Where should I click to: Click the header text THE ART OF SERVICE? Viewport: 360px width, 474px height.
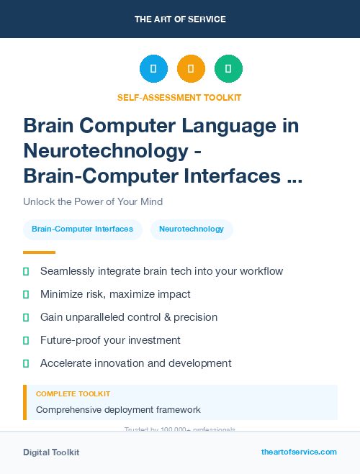(x=180, y=19)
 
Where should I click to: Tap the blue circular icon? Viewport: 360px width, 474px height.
(x=153, y=68)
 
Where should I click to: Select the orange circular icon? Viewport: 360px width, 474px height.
(x=191, y=68)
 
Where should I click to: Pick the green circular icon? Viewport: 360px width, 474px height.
(x=228, y=68)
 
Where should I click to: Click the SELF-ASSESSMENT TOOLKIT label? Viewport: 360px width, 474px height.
(x=179, y=97)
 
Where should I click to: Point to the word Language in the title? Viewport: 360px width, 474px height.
(x=238, y=126)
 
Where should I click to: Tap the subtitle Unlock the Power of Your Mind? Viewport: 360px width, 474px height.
(x=93, y=201)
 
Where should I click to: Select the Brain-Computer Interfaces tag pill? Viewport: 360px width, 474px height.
(x=82, y=229)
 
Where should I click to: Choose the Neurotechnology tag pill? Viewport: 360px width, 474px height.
(x=192, y=229)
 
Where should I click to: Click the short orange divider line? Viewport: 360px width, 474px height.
(x=39, y=252)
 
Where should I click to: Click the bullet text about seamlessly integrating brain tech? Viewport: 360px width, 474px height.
(x=161, y=271)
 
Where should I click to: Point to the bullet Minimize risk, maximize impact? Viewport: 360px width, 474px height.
(x=115, y=294)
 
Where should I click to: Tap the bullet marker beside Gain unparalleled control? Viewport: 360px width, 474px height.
(x=26, y=317)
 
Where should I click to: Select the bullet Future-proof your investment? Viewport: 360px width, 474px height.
(x=110, y=340)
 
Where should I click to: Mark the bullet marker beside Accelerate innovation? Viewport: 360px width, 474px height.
(x=26, y=363)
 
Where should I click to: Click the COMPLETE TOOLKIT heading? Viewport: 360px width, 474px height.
(x=73, y=394)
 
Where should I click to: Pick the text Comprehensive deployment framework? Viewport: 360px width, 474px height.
(x=118, y=410)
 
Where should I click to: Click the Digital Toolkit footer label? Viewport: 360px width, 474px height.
(x=51, y=452)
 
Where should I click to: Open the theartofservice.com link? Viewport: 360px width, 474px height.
(x=299, y=452)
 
